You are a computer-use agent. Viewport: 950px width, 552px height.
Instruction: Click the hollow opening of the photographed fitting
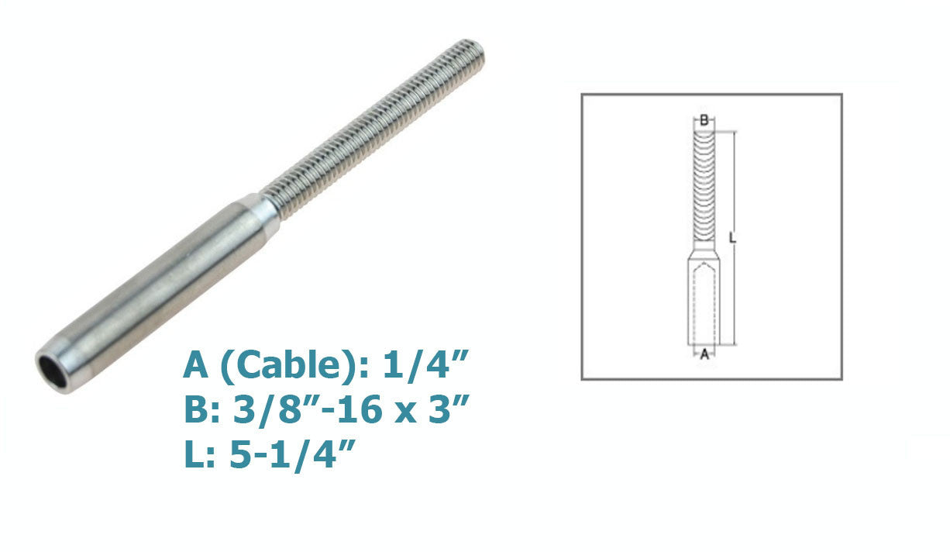(53, 373)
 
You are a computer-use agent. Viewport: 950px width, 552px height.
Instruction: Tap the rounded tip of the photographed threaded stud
(474, 50)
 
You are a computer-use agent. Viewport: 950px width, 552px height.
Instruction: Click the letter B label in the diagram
(704, 120)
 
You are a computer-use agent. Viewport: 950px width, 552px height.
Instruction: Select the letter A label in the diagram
(704, 354)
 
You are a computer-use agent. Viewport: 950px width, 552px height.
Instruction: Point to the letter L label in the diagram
(732, 237)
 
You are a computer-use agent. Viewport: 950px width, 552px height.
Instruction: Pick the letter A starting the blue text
(195, 365)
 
